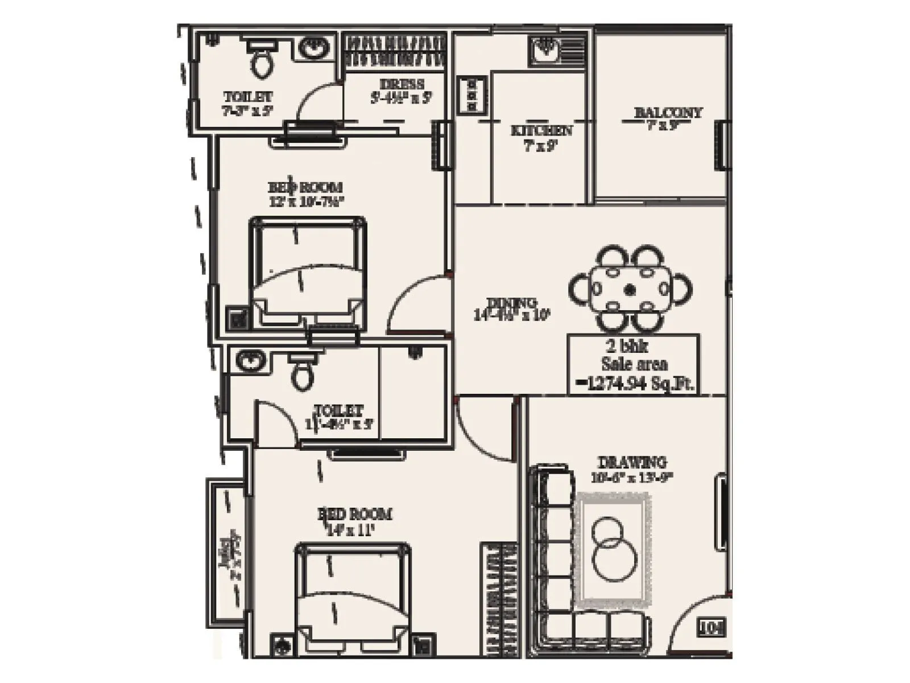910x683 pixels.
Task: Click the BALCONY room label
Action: point(668,113)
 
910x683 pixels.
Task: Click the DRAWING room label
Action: point(632,462)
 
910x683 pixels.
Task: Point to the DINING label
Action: point(512,303)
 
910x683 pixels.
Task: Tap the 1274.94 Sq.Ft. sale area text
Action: point(636,384)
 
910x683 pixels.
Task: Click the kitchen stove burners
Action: point(472,94)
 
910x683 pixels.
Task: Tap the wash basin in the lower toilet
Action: point(248,361)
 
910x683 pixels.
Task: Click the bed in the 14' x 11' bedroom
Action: point(353,598)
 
